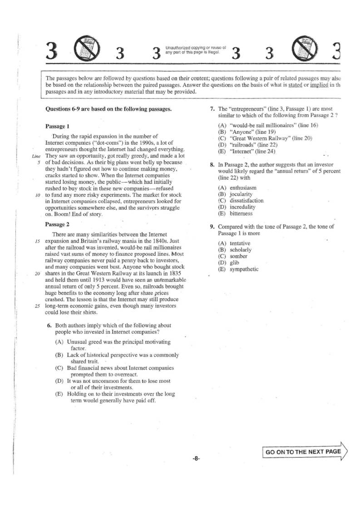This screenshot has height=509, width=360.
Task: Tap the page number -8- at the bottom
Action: [x=195, y=459]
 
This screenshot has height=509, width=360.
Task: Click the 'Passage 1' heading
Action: [x=57, y=126]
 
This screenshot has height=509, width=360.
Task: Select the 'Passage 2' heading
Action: [x=57, y=224]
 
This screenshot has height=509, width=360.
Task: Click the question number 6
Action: [x=49, y=325]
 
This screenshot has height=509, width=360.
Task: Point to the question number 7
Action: [x=212, y=109]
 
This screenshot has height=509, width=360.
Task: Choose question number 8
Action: [x=212, y=165]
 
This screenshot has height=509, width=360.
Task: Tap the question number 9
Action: [x=212, y=226]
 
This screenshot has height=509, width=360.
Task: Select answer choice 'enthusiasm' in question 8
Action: [x=243, y=188]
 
